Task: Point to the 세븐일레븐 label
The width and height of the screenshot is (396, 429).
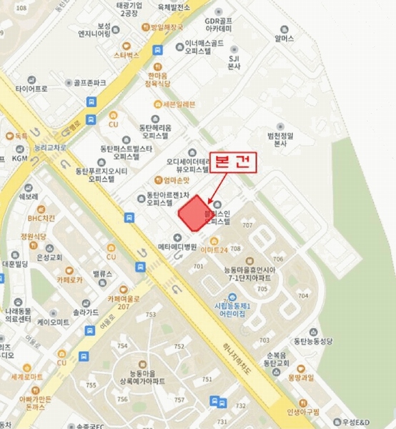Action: tap(179, 104)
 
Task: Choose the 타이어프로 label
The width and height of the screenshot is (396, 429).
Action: tap(31, 89)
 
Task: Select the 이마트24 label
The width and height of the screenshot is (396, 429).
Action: tap(214, 250)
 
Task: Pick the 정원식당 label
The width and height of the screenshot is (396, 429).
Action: tap(33, 235)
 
